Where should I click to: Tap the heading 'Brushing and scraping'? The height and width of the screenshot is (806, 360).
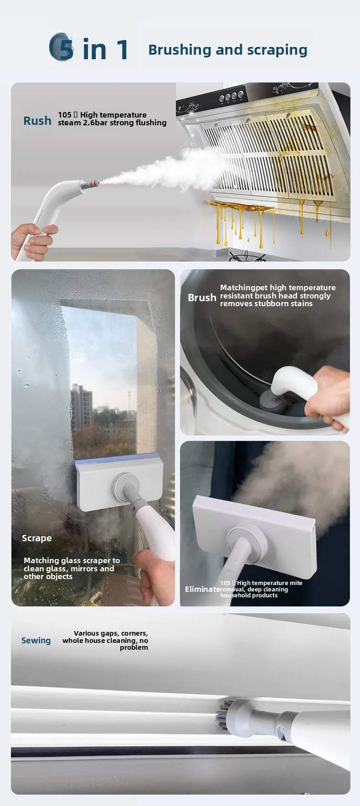(227, 50)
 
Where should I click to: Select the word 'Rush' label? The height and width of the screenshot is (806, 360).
(37, 121)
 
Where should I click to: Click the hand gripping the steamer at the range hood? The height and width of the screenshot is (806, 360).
(33, 239)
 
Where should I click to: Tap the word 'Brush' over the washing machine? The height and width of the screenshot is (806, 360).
(202, 298)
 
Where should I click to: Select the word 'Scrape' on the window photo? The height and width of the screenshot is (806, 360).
(36, 538)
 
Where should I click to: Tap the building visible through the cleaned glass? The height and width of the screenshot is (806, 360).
(82, 406)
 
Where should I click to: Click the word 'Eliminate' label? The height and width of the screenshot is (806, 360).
(202, 589)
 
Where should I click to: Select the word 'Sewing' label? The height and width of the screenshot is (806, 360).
(36, 640)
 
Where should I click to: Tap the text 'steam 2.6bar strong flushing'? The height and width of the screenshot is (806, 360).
(112, 123)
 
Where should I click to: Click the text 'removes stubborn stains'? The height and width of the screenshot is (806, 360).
(266, 303)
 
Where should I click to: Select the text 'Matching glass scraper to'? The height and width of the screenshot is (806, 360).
(72, 560)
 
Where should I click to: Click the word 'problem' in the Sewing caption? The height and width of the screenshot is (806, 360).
(134, 647)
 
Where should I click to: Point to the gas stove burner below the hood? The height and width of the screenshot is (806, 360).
(246, 257)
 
